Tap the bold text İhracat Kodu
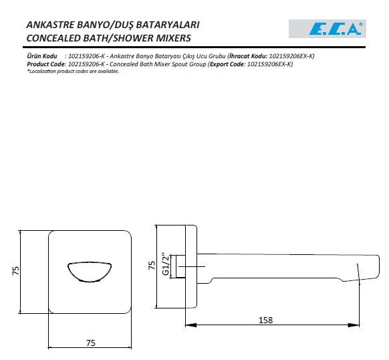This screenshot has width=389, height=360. pos(248,57)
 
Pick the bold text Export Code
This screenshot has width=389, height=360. pos(227,64)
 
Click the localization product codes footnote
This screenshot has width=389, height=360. pos(73,71)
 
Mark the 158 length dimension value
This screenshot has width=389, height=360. pos(265,320)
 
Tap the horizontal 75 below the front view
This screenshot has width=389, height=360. pos(92,342)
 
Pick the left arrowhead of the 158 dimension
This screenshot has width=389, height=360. pos(190,326)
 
